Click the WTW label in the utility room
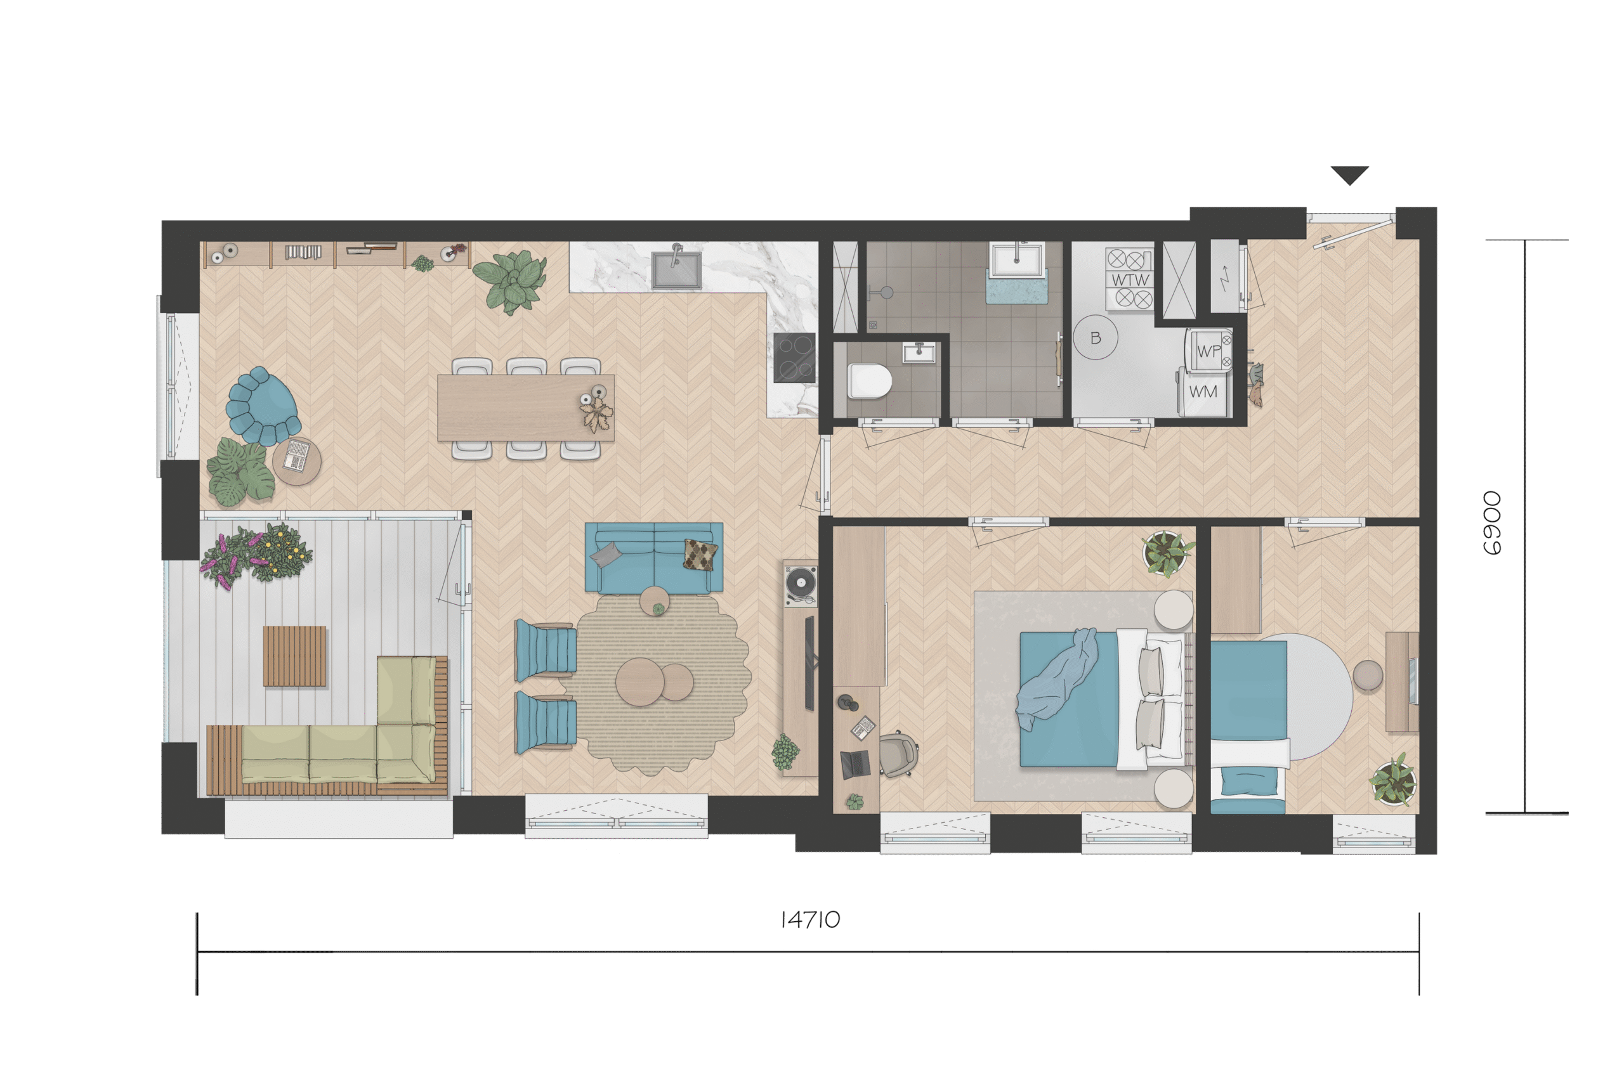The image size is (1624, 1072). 1129,280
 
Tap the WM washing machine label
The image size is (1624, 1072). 1203,392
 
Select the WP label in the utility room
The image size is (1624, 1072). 1208,351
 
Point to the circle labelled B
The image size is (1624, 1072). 1095,338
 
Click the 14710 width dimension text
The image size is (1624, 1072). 810,920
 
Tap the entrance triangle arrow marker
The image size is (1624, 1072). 1349,175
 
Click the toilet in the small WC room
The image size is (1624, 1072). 870,381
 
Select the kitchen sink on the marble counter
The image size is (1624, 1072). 676,269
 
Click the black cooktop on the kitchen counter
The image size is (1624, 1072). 794,358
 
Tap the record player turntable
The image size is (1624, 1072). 801,585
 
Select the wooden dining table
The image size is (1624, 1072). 525,408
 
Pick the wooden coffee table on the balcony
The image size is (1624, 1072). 295,655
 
